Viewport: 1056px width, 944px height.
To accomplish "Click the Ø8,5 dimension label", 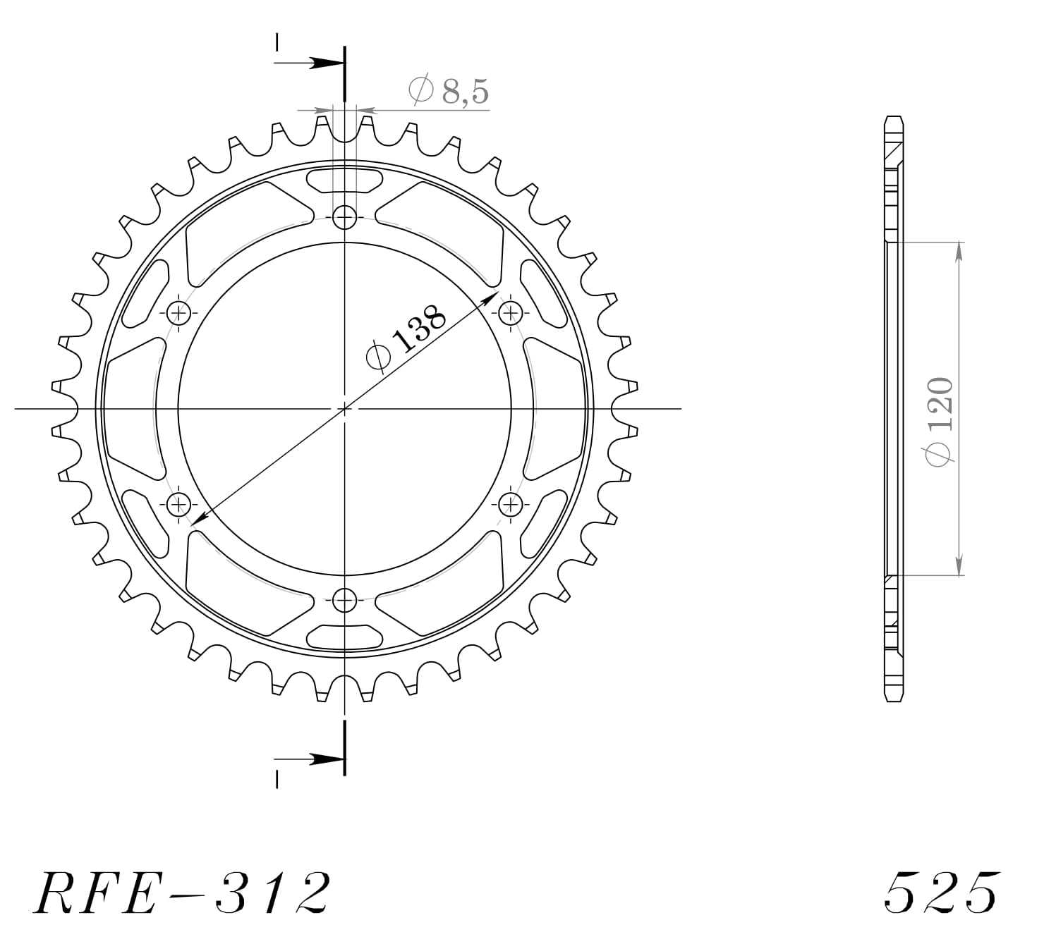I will pos(449,91).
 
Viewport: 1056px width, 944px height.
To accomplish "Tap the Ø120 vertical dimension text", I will pos(940,421).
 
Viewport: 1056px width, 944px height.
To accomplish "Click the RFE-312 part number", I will pos(181,893).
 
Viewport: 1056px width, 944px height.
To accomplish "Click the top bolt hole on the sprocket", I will pos(344,216).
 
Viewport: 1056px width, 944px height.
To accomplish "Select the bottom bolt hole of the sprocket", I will pos(344,601).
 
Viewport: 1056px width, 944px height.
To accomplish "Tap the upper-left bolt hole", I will pos(178,312).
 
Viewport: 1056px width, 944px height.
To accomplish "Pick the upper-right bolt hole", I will pos(510,312).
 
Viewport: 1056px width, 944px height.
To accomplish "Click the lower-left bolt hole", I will pos(178,503).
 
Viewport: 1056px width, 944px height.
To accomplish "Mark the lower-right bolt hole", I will pos(510,503).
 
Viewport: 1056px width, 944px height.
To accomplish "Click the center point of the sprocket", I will pos(344,408).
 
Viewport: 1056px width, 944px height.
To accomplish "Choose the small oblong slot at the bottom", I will pos(344,637).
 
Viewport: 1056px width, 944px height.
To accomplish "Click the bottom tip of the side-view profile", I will pos(894,700).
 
